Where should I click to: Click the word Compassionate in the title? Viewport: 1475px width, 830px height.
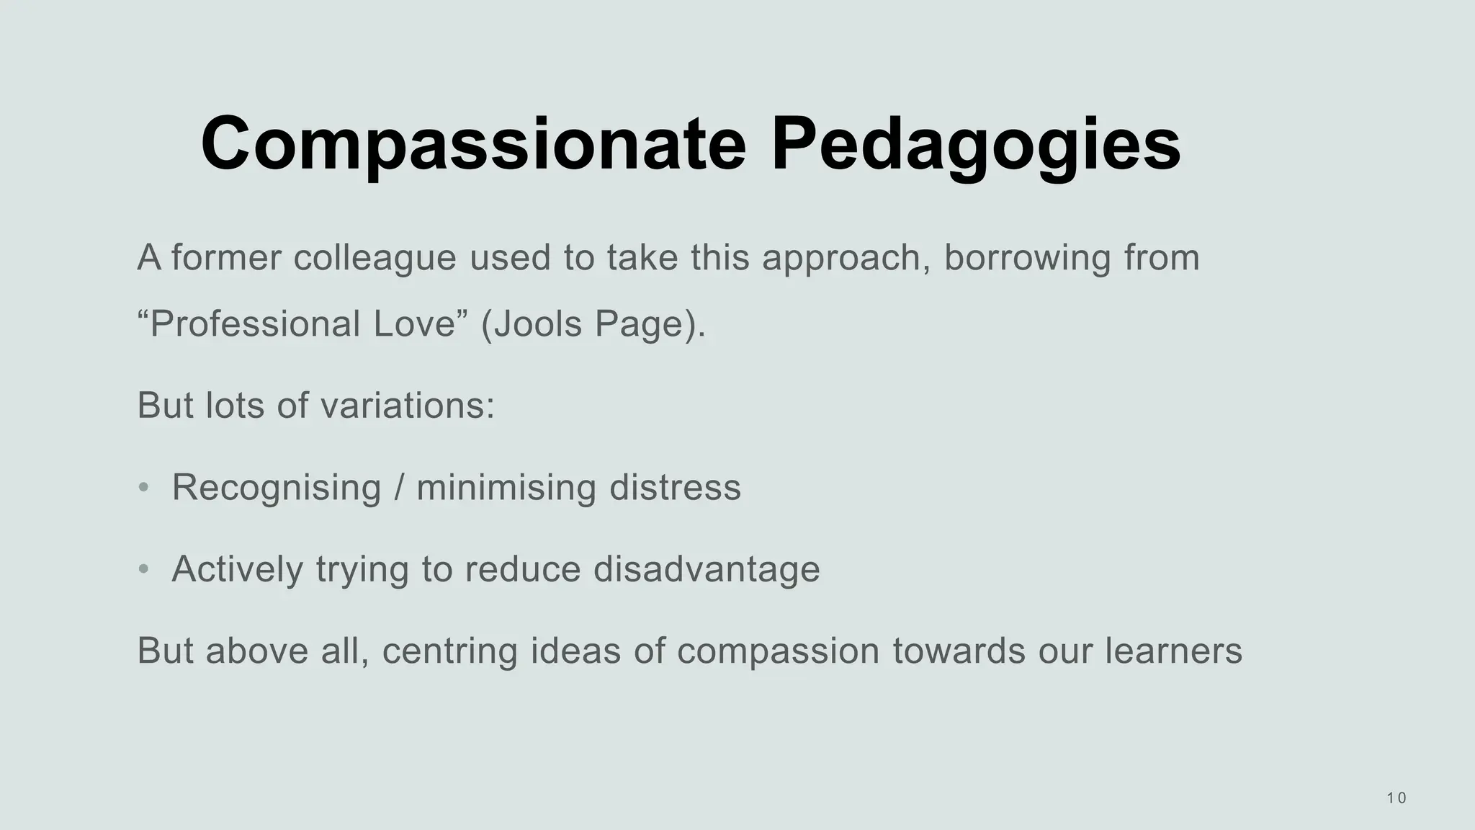click(x=473, y=144)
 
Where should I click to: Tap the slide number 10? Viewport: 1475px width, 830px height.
click(x=1396, y=798)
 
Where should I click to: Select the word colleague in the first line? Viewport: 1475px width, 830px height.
click(x=375, y=257)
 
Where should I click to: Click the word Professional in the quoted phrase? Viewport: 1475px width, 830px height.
click(x=255, y=323)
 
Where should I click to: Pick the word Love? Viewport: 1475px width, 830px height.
click(x=415, y=323)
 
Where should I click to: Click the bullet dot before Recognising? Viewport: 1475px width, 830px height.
click(x=143, y=488)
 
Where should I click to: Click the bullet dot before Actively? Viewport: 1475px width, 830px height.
click(x=143, y=569)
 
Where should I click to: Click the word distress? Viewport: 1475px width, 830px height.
click(x=675, y=487)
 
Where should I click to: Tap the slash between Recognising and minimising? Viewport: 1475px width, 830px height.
click(x=398, y=488)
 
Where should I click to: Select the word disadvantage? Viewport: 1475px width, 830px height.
click(x=707, y=569)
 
